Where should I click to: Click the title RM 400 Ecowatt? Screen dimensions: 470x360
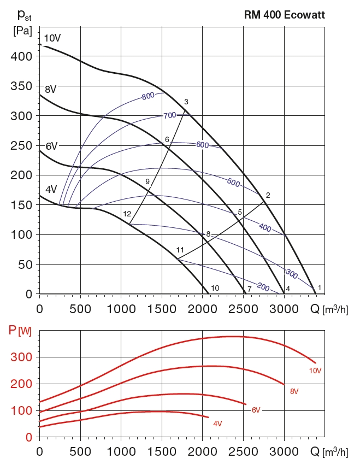[x=284, y=15]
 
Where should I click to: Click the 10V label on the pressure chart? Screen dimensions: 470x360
[x=52, y=38]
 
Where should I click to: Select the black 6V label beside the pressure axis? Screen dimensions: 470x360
[x=51, y=146]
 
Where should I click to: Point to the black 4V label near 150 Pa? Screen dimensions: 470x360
[x=51, y=190]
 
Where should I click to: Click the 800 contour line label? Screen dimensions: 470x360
[x=147, y=97]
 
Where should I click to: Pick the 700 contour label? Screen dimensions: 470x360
[x=169, y=116]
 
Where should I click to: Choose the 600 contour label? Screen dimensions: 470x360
[x=203, y=145]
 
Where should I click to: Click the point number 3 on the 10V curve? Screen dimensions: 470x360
[x=186, y=102]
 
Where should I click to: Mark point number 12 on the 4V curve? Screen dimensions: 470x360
[x=127, y=214]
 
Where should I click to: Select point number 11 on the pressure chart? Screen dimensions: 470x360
[x=180, y=250]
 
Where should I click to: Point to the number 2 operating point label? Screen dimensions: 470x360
[x=268, y=196]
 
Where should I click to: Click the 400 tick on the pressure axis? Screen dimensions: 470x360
[x=25, y=56]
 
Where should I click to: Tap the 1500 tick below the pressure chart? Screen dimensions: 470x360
[x=162, y=309]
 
